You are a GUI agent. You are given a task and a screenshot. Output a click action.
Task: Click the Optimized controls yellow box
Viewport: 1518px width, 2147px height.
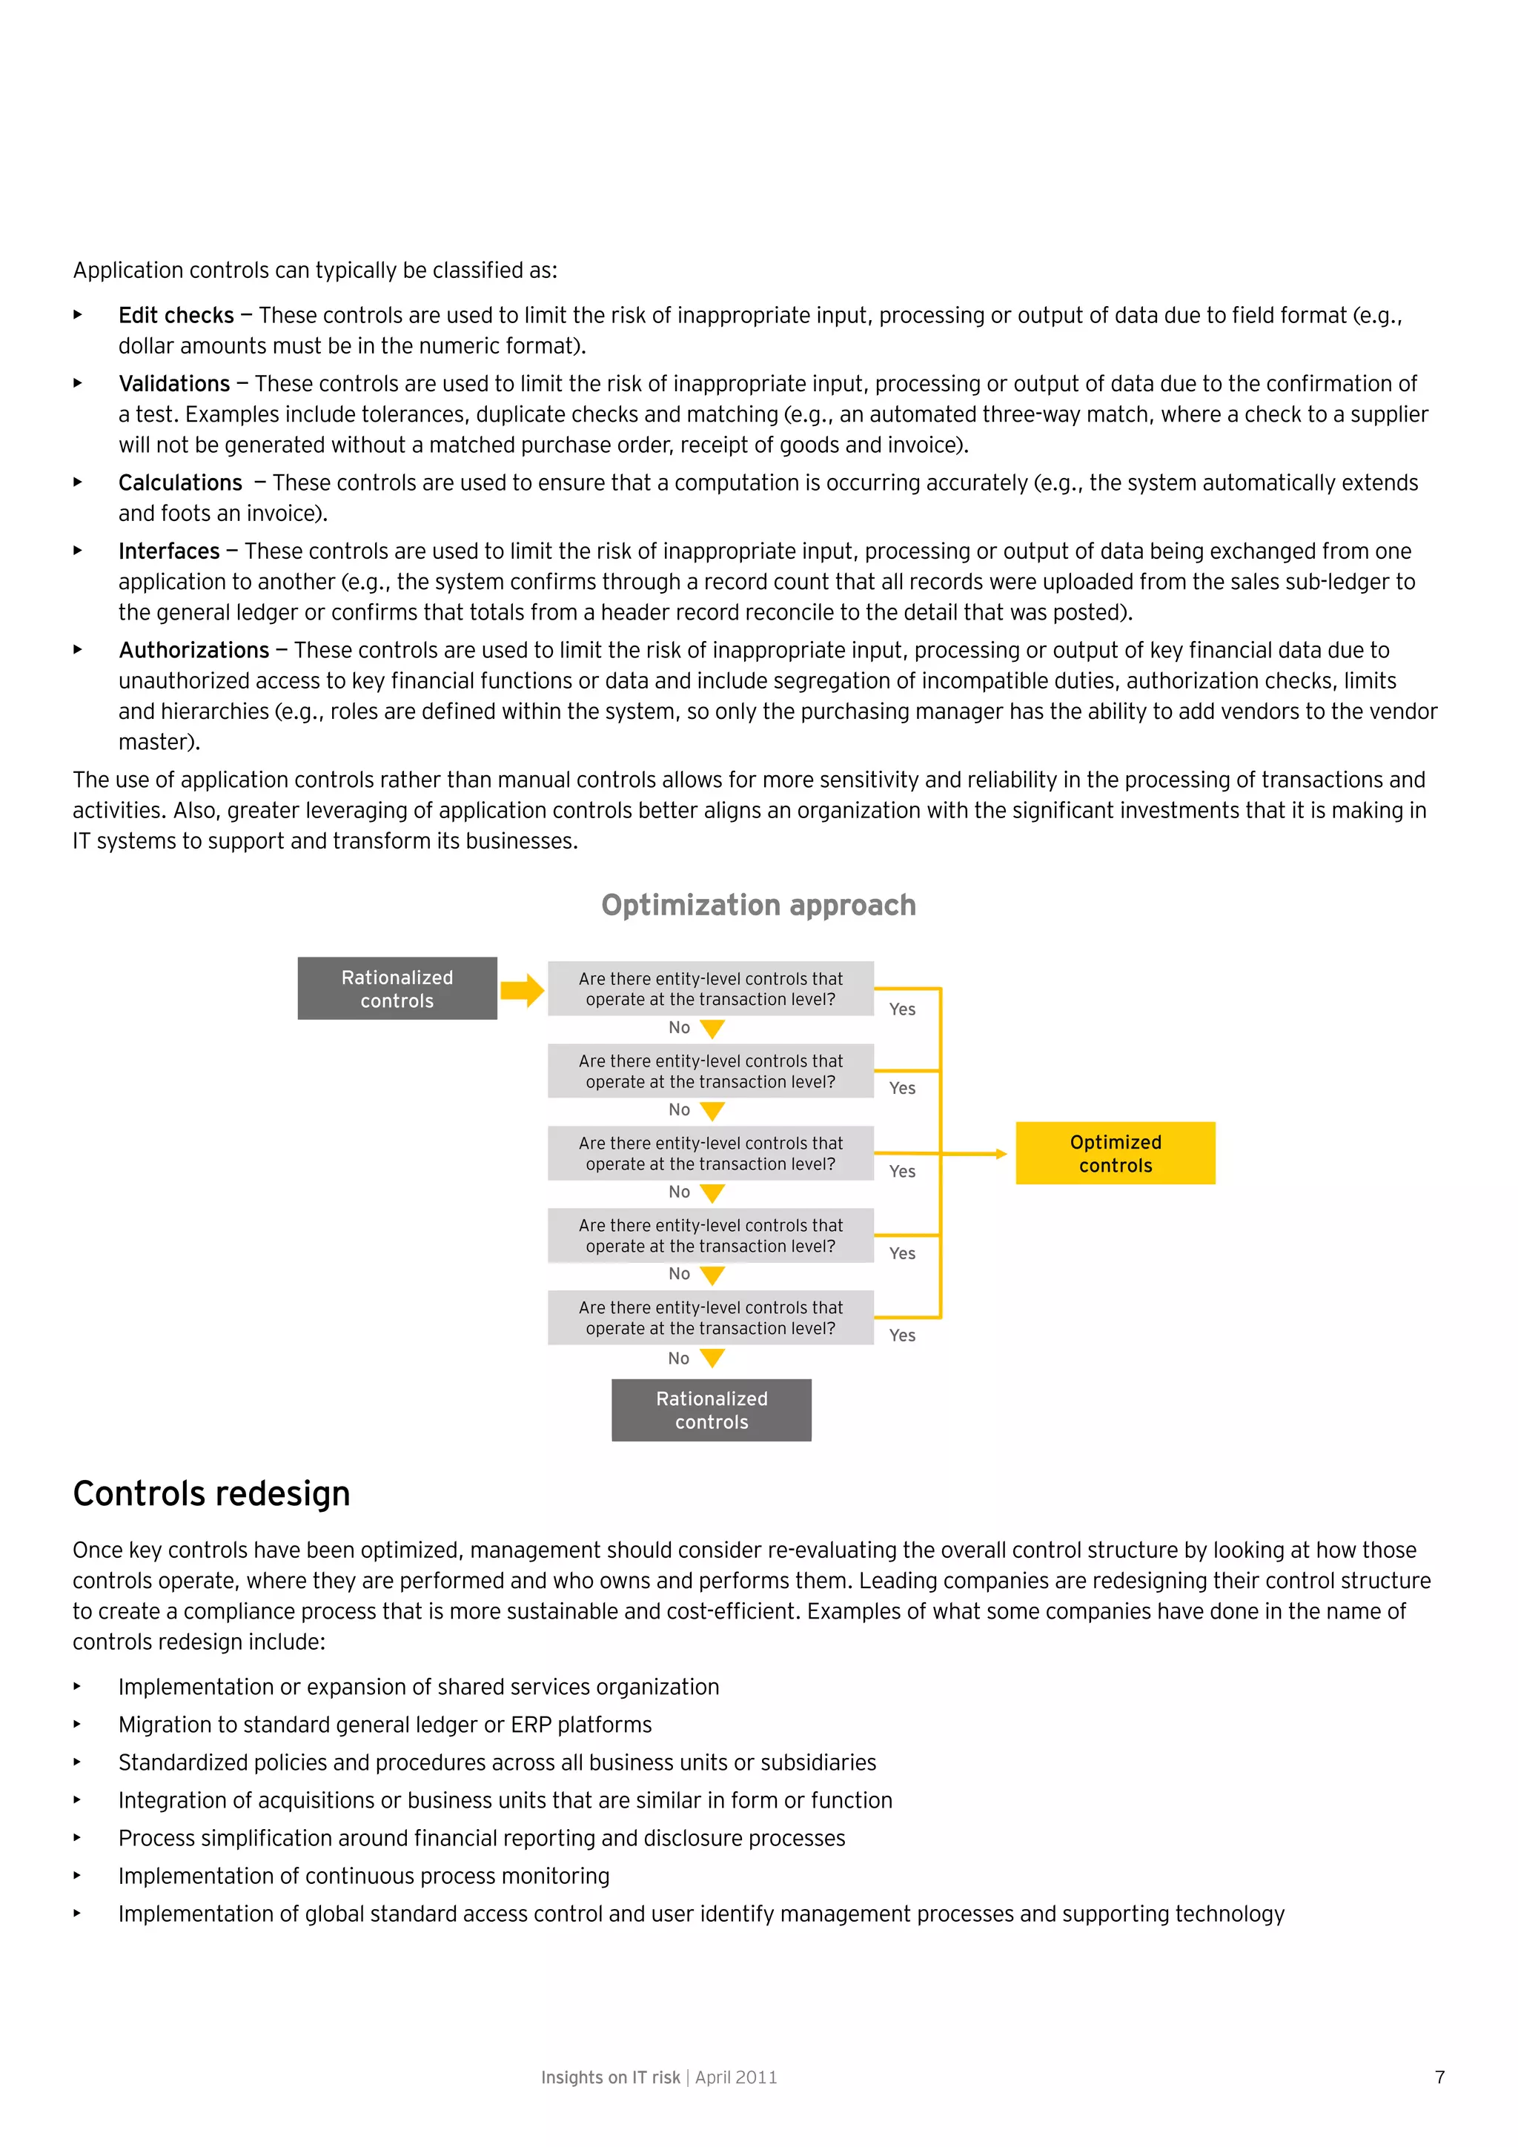(1115, 1153)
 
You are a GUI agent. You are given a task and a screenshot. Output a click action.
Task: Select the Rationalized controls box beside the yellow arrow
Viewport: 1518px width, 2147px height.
(397, 989)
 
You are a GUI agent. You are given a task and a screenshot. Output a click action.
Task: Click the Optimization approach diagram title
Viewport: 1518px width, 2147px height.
(758, 905)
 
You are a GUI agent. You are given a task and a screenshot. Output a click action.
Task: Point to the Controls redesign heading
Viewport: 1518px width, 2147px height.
(211, 1493)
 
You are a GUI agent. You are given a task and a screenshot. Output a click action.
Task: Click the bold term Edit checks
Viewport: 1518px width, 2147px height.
(176, 315)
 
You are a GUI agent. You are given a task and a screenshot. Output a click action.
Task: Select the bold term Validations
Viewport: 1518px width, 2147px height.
(174, 383)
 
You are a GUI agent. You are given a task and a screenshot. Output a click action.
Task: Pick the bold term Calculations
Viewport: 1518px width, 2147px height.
(179, 482)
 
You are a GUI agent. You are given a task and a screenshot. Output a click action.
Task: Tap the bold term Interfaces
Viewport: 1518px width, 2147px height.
(168, 551)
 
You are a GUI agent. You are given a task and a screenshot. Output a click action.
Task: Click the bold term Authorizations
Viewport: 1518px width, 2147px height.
(193, 650)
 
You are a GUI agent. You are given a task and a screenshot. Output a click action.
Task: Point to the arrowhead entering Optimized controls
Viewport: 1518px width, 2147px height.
(1001, 1154)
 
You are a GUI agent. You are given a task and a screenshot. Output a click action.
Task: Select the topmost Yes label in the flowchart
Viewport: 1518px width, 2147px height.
(901, 1009)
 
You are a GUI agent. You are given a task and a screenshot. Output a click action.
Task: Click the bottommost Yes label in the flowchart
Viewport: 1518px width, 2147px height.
(901, 1335)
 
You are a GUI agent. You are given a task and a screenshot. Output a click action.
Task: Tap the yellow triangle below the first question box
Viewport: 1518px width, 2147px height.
(712, 1029)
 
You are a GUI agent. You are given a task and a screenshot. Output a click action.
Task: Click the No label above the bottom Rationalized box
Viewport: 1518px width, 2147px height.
(678, 1358)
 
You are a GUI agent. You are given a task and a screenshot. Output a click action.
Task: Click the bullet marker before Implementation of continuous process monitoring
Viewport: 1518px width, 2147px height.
(78, 1875)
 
